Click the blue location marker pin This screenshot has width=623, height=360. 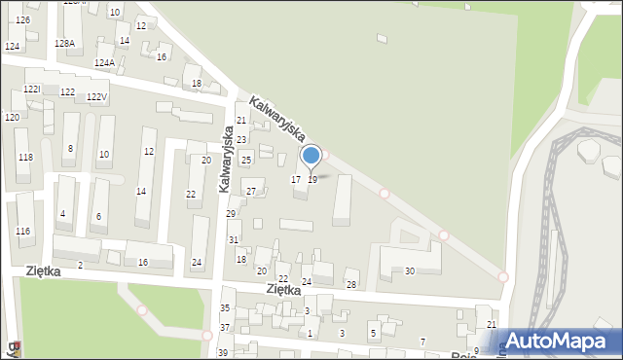pyautogui.click(x=311, y=157)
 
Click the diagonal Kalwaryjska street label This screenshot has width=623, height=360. pyautogui.click(x=277, y=119)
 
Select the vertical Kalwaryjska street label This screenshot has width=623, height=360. pyautogui.click(x=224, y=158)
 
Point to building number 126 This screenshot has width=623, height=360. pyautogui.click(x=22, y=20)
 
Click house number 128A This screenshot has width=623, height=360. pyautogui.click(x=64, y=44)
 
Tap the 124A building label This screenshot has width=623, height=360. pyautogui.click(x=104, y=63)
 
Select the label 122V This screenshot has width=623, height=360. pyautogui.click(x=96, y=97)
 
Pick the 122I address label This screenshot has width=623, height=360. pyautogui.click(x=32, y=90)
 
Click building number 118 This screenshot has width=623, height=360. pyautogui.click(x=25, y=158)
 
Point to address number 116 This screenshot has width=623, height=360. pyautogui.click(x=23, y=232)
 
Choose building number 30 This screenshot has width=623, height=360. pyautogui.click(x=410, y=271)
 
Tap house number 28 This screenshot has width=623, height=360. pyautogui.click(x=351, y=285)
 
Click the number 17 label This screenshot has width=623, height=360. pyautogui.click(x=296, y=180)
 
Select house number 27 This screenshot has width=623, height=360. pyautogui.click(x=251, y=192)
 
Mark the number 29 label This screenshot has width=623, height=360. pyautogui.click(x=231, y=214)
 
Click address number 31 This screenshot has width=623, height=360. pyautogui.click(x=234, y=239)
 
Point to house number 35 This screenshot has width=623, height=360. pyautogui.click(x=225, y=308)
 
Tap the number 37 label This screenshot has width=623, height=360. pyautogui.click(x=225, y=328)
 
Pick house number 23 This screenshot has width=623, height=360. pyautogui.click(x=241, y=140)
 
